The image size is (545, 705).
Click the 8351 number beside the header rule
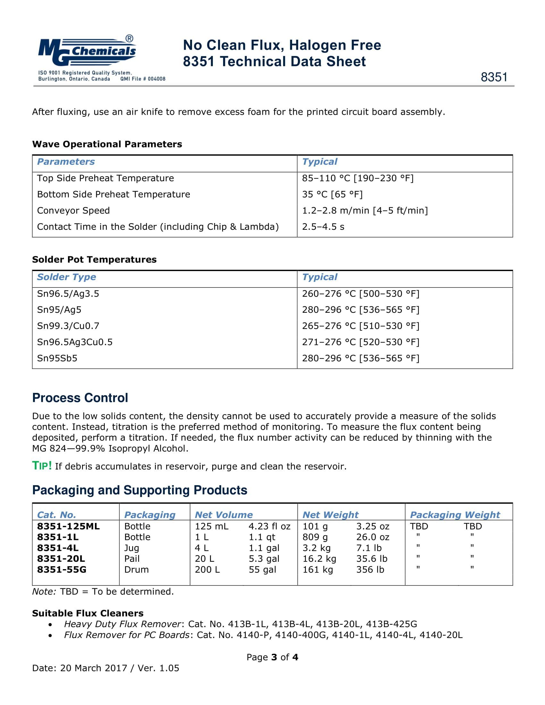point(494,77)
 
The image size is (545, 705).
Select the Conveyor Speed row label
point(73,211)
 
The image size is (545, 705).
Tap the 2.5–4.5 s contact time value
point(323,227)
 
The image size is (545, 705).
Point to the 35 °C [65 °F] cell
point(332,194)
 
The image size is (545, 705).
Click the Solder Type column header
point(66,277)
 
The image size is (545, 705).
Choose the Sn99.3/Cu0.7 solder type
point(68,326)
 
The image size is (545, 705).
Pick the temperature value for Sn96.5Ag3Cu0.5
point(361,342)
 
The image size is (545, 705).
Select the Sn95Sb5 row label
point(57,358)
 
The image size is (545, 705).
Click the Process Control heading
point(80,398)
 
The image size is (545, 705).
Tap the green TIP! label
point(42,466)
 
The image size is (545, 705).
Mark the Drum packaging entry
point(137,569)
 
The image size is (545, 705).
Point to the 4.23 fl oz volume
point(270,526)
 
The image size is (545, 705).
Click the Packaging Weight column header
point(455,515)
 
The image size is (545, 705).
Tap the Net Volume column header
point(224,515)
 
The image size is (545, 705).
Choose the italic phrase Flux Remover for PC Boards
point(127,635)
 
